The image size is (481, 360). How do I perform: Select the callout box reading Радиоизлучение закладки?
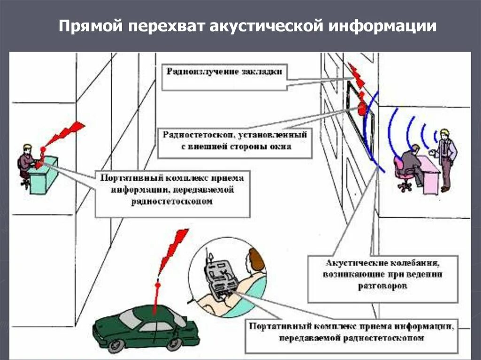pyautogui.click(x=224, y=77)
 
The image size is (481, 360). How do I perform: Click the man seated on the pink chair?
pyautogui.click(x=411, y=164)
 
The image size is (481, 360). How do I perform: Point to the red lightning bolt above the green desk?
pyautogui.click(x=63, y=134)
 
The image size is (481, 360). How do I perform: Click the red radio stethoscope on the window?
pyautogui.click(x=361, y=108)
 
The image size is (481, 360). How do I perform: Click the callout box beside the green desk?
pyautogui.click(x=173, y=193)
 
